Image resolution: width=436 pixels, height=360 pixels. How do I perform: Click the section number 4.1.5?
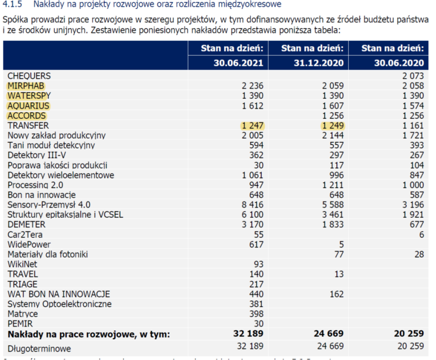click(x=12, y=4)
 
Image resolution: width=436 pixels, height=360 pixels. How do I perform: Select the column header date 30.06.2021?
click(x=238, y=63)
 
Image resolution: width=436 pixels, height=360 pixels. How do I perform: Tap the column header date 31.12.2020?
click(x=319, y=63)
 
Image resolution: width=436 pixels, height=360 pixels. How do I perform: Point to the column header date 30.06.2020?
click(x=399, y=63)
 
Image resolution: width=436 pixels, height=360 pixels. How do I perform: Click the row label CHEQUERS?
click(x=29, y=76)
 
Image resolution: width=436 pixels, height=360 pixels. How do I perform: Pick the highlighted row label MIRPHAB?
click(x=26, y=86)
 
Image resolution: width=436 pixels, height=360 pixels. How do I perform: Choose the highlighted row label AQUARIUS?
click(x=28, y=106)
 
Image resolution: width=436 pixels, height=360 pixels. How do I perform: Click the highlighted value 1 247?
click(x=253, y=126)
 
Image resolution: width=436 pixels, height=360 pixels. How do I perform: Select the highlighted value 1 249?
click(x=333, y=126)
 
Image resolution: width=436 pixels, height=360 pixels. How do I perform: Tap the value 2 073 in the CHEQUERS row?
click(x=413, y=76)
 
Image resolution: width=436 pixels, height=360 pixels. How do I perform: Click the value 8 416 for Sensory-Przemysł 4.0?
click(x=253, y=205)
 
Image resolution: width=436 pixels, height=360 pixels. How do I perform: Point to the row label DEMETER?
click(x=27, y=224)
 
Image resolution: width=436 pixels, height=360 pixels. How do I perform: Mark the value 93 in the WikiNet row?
click(x=258, y=264)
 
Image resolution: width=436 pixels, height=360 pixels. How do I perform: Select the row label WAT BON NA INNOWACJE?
click(x=59, y=294)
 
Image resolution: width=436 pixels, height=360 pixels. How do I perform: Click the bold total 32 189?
click(x=248, y=333)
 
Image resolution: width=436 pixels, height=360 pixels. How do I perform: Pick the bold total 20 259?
click(x=409, y=333)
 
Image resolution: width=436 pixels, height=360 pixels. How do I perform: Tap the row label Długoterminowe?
click(x=39, y=349)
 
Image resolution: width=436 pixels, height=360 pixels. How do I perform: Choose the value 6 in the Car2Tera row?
click(x=422, y=234)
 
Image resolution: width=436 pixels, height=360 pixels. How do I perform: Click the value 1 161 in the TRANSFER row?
click(x=413, y=126)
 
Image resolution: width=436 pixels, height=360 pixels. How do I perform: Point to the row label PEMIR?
click(x=20, y=324)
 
